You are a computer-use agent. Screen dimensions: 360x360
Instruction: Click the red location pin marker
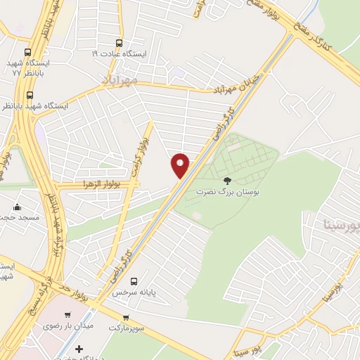coord(181,165)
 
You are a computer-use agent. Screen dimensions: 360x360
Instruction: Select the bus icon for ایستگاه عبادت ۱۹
coord(118,41)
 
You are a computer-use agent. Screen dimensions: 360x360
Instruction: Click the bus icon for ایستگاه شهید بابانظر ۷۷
coord(28,52)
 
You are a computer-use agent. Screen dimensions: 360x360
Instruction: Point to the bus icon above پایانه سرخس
coord(143,281)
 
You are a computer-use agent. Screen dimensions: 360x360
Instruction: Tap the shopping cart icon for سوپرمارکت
coord(126,318)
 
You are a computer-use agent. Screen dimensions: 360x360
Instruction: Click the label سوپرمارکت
coord(126,328)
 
